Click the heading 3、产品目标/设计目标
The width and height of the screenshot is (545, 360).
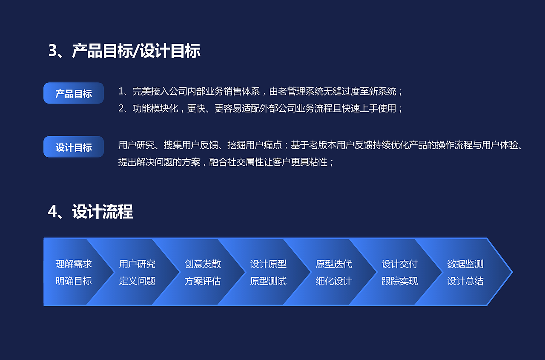[x=124, y=51]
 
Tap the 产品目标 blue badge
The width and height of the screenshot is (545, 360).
[x=74, y=93]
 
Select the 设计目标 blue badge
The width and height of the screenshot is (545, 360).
[x=74, y=147]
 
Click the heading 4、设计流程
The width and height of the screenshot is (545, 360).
[x=90, y=211]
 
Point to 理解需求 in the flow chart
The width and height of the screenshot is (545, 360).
[x=74, y=264]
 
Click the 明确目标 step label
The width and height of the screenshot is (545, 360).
[x=74, y=281]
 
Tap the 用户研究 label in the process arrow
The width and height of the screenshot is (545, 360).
[x=137, y=264]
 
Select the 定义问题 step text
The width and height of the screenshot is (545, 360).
[x=137, y=281]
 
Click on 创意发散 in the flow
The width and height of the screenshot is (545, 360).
[x=203, y=264]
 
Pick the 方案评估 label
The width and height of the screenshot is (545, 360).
[x=203, y=281]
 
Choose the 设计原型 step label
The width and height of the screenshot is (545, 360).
[x=268, y=264]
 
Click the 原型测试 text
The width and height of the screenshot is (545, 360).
[x=268, y=281]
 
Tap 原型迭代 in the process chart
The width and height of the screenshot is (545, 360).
[x=334, y=264]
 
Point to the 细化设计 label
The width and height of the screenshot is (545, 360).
[x=334, y=281]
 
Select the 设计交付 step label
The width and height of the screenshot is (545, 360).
[x=399, y=264]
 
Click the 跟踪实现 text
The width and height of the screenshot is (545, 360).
[x=399, y=281]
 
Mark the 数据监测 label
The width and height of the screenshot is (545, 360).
[x=465, y=264]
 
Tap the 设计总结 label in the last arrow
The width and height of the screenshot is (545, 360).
[x=465, y=281]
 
